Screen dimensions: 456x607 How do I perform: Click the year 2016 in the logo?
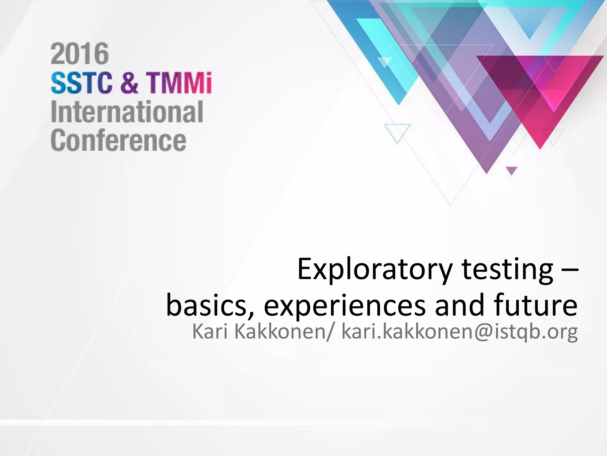point(80,54)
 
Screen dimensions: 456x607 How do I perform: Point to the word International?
point(127,112)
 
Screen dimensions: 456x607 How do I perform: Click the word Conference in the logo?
point(119,141)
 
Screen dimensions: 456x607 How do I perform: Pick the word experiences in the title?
point(345,306)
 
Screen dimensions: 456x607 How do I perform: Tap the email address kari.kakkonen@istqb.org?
point(459,332)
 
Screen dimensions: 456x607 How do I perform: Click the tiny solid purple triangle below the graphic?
point(511,170)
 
